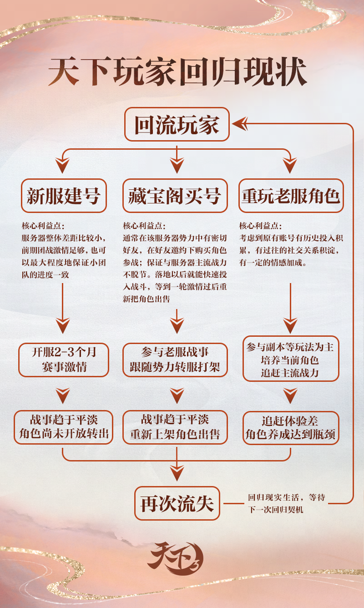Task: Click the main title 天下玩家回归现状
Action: coord(178,71)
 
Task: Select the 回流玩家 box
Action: coord(177,124)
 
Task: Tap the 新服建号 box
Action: coord(64,195)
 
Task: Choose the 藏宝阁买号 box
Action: coord(175,195)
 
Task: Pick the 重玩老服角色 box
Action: coord(291,195)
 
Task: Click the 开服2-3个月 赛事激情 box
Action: coord(64,360)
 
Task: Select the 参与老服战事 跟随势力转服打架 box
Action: coord(175,360)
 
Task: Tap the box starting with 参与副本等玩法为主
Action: coord(291,359)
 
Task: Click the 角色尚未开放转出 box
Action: coord(64,427)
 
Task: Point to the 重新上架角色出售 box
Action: coord(175,427)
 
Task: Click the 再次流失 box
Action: coord(177,503)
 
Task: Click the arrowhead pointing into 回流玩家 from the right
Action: coord(240,124)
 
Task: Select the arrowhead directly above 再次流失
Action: coord(177,473)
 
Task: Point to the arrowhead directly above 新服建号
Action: coord(62,165)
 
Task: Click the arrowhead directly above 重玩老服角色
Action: coord(290,165)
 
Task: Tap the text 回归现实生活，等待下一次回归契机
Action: coord(286,503)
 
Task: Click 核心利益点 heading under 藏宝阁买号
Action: coord(144,226)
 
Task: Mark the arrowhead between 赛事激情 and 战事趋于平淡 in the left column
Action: coord(63,395)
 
